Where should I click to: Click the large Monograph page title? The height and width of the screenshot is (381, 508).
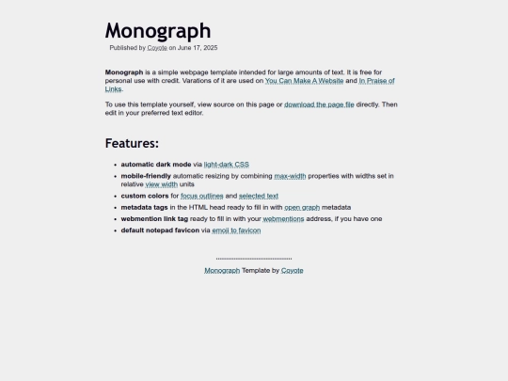pos(157,31)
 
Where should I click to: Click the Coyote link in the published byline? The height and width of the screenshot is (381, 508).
pos(157,47)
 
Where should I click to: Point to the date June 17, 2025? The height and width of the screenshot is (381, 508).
pos(198,47)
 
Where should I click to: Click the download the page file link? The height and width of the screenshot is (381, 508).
pos(319,104)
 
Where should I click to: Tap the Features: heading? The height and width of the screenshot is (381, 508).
pos(132,144)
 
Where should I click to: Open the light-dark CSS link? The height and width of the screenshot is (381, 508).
pos(227,165)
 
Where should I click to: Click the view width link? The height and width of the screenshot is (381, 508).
pos(161,184)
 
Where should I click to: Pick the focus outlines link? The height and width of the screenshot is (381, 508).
pos(202,196)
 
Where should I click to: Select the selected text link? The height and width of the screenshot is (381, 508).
pos(259,196)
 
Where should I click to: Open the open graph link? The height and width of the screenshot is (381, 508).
pos(302,207)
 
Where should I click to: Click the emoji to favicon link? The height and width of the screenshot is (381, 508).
pos(236,230)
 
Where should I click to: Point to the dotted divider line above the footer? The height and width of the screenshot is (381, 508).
pos(254,258)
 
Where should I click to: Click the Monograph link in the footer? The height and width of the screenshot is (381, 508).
pos(222,270)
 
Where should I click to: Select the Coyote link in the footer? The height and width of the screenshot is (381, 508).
pos(292,270)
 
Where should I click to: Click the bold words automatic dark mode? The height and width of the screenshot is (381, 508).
pos(155,165)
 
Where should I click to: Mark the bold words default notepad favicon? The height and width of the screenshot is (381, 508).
pos(160,230)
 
